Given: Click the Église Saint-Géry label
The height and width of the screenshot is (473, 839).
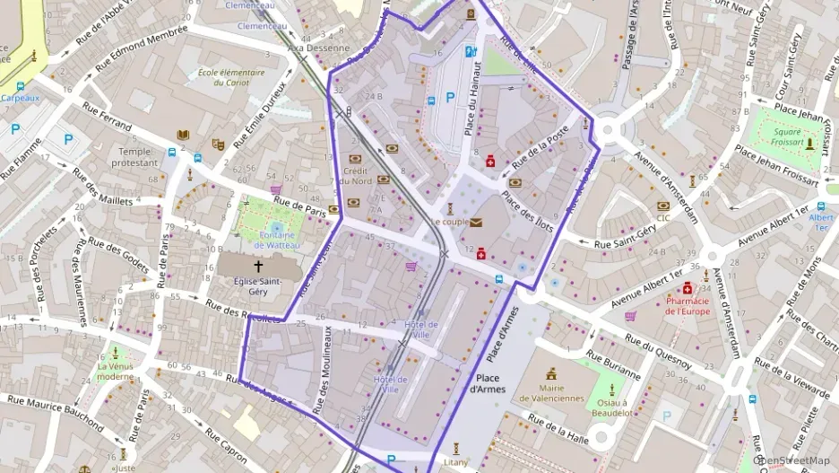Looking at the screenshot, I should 259,287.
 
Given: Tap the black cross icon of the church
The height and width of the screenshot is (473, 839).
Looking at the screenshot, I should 259,267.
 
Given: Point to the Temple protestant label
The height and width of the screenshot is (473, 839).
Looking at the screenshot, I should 135,158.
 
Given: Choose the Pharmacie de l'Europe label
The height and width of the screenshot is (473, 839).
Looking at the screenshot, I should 687,306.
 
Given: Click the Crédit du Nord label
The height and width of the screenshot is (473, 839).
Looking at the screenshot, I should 356,175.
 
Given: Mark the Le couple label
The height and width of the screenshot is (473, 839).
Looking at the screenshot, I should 449,222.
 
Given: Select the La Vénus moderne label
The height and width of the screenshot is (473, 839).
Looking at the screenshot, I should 116,372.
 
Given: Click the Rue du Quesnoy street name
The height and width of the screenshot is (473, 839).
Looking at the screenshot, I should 658,351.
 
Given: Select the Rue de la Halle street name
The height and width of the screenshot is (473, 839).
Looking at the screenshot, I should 558,430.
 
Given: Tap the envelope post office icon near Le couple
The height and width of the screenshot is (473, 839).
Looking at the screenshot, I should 476,222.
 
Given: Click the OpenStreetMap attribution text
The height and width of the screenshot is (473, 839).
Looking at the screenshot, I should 797,460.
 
